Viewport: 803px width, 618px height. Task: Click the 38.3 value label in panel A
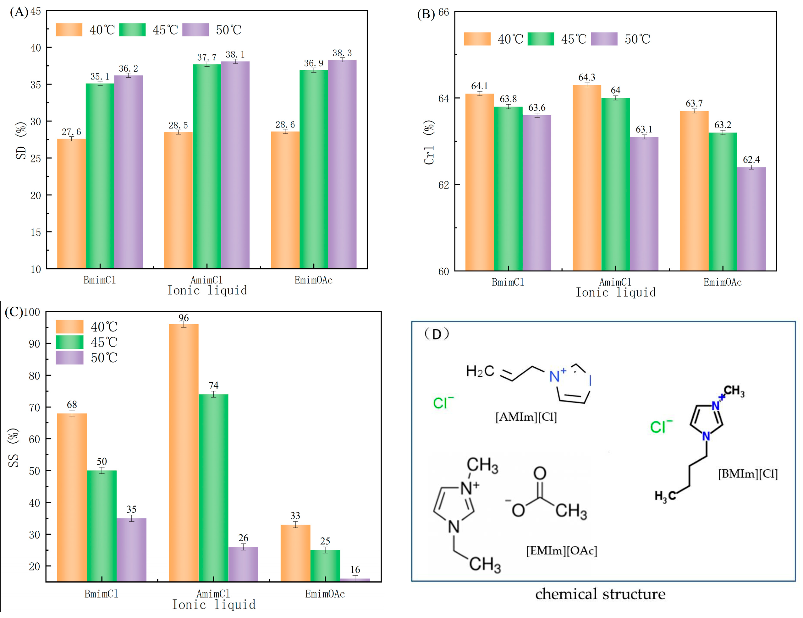coord(342,53)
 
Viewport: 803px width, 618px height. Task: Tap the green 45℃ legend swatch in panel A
coord(132,30)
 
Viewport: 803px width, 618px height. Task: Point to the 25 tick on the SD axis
coord(36,158)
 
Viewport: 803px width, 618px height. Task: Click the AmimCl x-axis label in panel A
coord(206,280)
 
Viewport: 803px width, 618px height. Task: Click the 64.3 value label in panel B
coord(586,77)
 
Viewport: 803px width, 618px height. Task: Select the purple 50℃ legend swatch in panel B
coord(604,39)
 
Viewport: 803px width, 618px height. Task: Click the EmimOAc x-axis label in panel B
coord(723,282)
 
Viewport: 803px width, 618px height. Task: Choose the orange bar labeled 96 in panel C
coord(184,452)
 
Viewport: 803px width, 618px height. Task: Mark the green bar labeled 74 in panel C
coord(213,487)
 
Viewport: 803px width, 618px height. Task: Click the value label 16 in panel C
coord(355,570)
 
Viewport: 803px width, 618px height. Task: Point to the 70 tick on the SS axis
coord(35,407)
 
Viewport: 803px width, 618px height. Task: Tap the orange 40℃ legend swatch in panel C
coord(69,326)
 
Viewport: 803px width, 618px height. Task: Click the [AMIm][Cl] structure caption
coord(526,417)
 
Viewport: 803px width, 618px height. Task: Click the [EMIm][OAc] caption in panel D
coord(561,550)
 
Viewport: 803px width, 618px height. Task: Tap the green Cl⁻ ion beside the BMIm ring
coord(661,427)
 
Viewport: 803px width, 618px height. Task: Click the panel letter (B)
coord(426,14)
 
